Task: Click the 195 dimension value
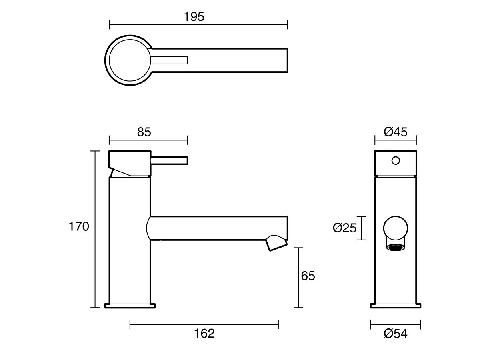(194, 17)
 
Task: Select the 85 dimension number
(144, 132)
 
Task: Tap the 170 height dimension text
(78, 227)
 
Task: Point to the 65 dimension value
(308, 276)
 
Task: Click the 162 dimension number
(205, 333)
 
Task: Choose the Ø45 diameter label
(396, 132)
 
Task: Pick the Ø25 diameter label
(344, 228)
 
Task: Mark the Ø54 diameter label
(396, 333)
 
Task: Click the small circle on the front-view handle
(396, 161)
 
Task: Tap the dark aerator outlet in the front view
(396, 248)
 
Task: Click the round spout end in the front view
(396, 228)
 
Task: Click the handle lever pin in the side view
(169, 160)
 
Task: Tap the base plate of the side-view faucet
(130, 306)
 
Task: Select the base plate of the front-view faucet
(396, 306)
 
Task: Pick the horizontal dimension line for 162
(204, 324)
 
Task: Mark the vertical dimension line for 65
(298, 278)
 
